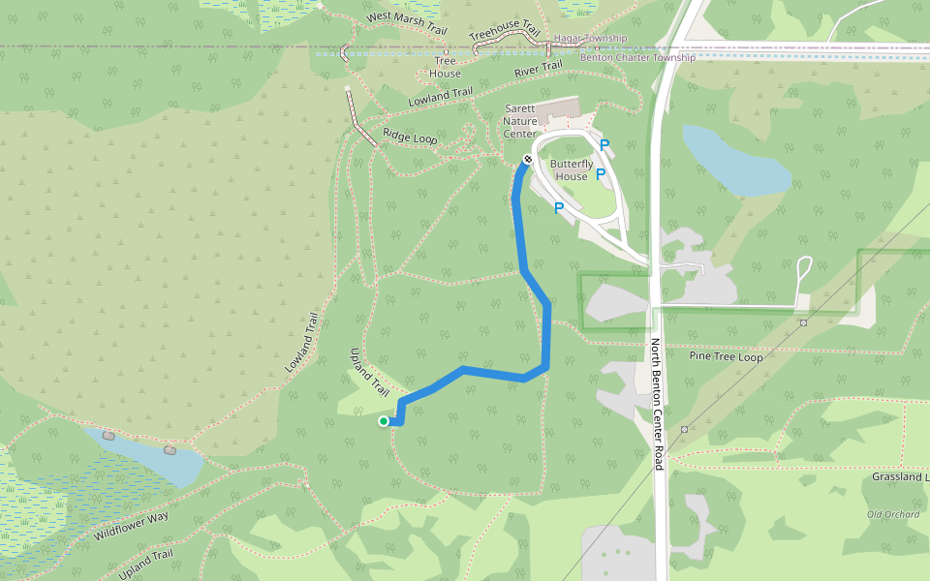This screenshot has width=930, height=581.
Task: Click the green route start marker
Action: point(384,421)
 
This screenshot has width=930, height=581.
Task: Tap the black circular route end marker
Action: point(528,159)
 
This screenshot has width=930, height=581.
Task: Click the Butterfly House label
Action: point(572,170)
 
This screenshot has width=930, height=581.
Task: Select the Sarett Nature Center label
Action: point(520,122)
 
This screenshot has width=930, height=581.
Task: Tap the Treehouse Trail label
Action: point(504,34)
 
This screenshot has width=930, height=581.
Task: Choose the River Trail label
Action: point(538,70)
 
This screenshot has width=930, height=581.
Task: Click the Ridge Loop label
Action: point(410,138)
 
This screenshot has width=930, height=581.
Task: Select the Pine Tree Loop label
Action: point(726,357)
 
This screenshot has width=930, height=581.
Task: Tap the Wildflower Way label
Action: point(131,526)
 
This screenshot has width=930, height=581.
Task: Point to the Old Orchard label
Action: point(892,514)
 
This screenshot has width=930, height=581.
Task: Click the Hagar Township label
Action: point(590,39)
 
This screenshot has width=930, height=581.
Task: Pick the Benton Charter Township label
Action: point(636,58)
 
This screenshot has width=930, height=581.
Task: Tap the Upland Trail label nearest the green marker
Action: point(368,373)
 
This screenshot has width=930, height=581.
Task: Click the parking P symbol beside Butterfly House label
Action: point(600,174)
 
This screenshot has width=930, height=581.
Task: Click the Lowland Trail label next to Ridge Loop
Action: point(440,97)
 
